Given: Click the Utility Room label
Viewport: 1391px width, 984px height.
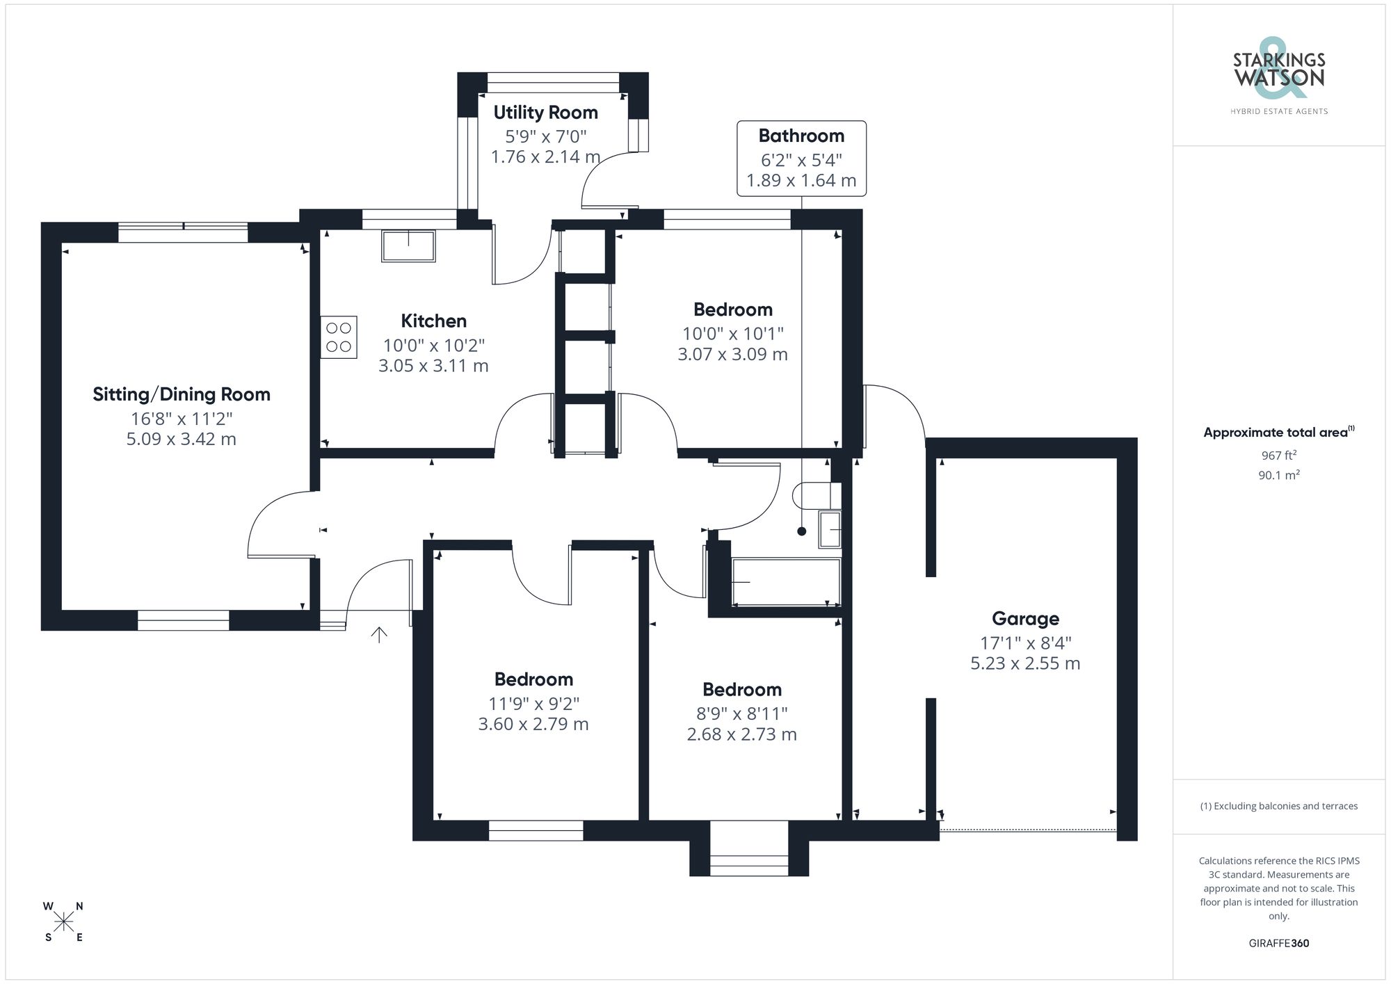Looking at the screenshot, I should [x=545, y=113].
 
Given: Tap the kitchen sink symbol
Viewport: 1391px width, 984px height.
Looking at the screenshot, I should [x=408, y=245].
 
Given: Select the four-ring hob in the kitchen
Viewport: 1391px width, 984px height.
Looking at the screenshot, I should [x=339, y=337].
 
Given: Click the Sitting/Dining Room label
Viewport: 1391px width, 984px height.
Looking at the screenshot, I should [x=182, y=394].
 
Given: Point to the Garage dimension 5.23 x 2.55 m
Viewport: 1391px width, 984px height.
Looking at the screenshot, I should [x=1025, y=663].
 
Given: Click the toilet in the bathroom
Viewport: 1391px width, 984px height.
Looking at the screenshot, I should [x=817, y=495].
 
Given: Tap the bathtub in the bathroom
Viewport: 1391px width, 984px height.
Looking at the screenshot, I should [x=786, y=581].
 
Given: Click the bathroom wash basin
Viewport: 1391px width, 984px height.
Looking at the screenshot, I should [x=830, y=529].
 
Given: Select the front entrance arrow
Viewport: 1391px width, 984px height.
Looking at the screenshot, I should [x=379, y=634].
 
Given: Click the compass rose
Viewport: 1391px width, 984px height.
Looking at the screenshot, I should [x=63, y=922].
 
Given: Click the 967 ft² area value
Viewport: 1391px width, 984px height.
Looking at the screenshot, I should [x=1278, y=455].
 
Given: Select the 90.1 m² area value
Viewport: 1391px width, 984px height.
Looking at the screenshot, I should [x=1278, y=475].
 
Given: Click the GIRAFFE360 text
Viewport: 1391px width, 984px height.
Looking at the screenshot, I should [x=1278, y=943].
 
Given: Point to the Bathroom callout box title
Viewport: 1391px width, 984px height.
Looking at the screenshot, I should [x=801, y=136].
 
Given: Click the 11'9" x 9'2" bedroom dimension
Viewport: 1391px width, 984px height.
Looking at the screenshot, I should [x=533, y=703].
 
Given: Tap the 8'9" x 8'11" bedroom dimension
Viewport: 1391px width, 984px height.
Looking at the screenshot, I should [x=741, y=713].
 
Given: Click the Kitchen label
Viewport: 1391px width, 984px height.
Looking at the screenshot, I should [x=433, y=321].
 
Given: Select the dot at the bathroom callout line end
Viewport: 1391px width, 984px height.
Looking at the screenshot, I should [x=801, y=531].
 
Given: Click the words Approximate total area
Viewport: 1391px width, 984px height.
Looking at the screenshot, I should [x=1275, y=433].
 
